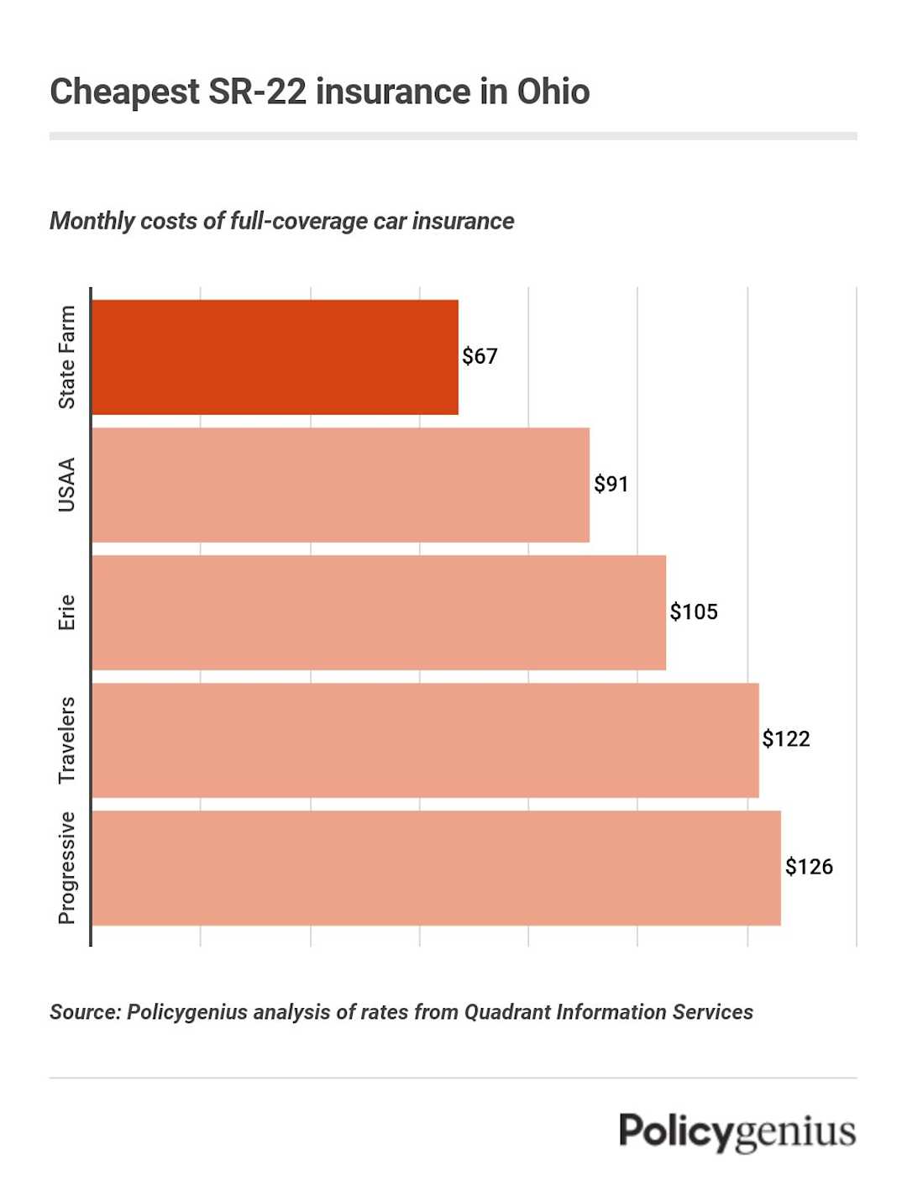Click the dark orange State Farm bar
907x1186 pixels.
(x=275, y=357)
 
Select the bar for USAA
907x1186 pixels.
(x=340, y=485)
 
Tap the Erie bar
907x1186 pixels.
(x=378, y=612)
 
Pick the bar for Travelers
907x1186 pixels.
(x=425, y=740)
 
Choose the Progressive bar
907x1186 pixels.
(x=436, y=868)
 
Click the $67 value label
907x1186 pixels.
(x=480, y=356)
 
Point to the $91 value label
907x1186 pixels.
(x=611, y=484)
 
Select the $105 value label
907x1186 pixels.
(x=694, y=611)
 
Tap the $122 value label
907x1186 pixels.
(x=786, y=739)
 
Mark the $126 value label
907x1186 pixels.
(x=809, y=867)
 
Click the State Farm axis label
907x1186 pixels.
(x=67, y=357)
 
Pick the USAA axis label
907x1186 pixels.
(x=67, y=485)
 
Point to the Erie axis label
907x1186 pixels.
(x=67, y=612)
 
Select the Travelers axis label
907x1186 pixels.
(x=67, y=740)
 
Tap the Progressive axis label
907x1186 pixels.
(x=67, y=868)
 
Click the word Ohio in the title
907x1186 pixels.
(x=553, y=92)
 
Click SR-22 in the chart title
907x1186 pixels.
(x=257, y=92)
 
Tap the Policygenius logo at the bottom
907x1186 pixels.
(x=737, y=1131)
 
